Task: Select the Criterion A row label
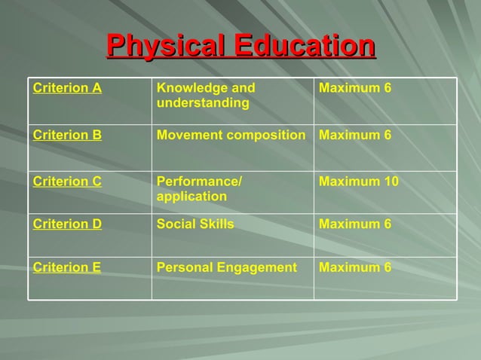[67, 88]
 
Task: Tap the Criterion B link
[67, 136]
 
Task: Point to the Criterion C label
[67, 182]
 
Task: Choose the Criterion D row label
[67, 224]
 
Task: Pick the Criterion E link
[67, 267]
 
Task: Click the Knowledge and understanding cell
[205, 96]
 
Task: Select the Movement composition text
[231, 136]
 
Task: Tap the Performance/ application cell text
[199, 189]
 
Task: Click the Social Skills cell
[195, 224]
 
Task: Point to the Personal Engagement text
[226, 267]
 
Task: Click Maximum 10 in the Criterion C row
[359, 182]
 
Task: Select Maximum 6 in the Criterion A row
[355, 88]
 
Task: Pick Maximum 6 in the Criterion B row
[355, 136]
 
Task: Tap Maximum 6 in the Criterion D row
[355, 224]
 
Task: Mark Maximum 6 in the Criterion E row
[355, 267]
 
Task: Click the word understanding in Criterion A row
[203, 103]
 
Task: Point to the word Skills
[216, 224]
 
